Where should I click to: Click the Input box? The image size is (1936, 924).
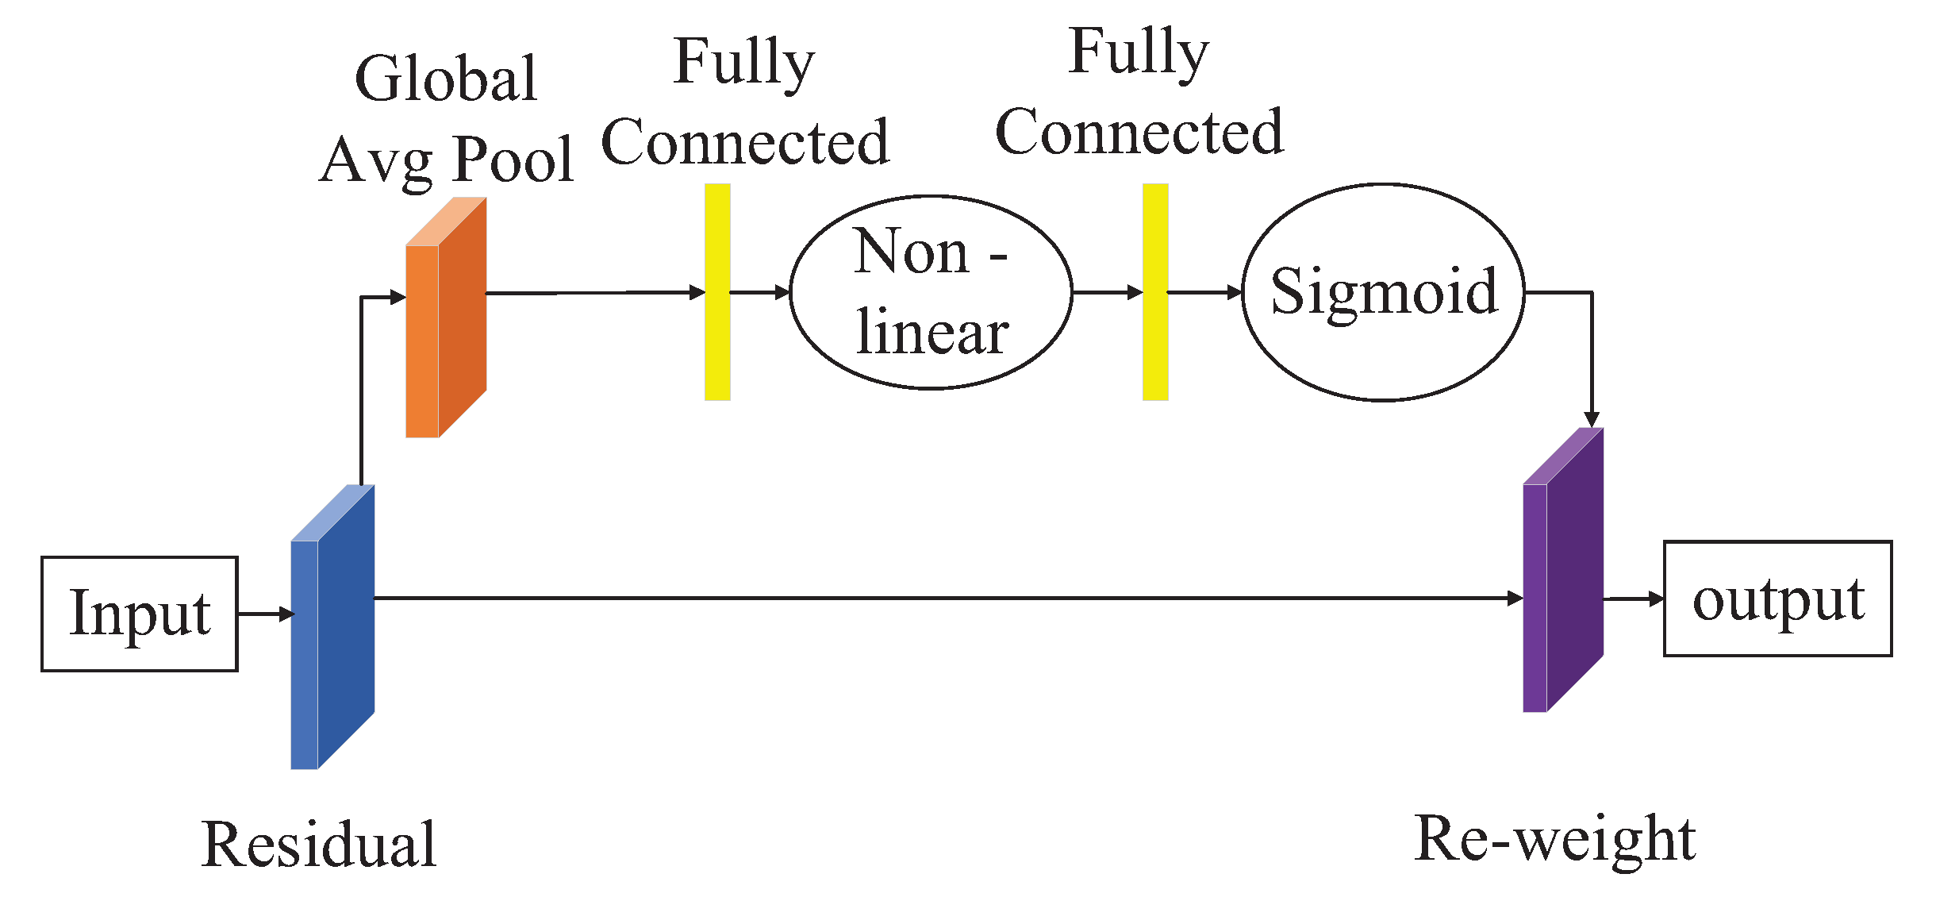pos(139,614)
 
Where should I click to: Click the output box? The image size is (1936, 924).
pos(1777,599)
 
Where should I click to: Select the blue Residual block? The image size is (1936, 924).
pos(333,627)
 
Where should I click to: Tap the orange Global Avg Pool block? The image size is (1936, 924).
pos(444,318)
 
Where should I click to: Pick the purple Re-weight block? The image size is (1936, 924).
pos(1563,572)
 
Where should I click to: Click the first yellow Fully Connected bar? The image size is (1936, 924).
pos(717,292)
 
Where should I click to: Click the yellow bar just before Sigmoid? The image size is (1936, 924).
pos(1155,292)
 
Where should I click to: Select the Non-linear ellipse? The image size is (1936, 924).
pos(931,292)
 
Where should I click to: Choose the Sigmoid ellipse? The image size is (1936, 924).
pos(1383,292)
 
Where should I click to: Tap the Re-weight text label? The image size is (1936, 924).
pos(1555,839)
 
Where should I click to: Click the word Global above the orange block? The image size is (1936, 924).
pos(446,79)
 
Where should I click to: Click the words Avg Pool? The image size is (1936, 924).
pos(447,159)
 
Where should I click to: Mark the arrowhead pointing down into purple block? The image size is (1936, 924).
pos(1592,419)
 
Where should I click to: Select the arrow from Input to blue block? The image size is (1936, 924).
pos(266,614)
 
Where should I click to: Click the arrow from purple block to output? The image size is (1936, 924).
pos(1633,599)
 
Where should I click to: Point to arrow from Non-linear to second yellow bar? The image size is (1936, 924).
pos(1107,292)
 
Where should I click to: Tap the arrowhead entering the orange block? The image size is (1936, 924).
pos(398,297)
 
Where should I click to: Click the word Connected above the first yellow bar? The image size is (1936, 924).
pos(745,143)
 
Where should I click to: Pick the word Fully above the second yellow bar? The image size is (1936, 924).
pos(1139,52)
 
